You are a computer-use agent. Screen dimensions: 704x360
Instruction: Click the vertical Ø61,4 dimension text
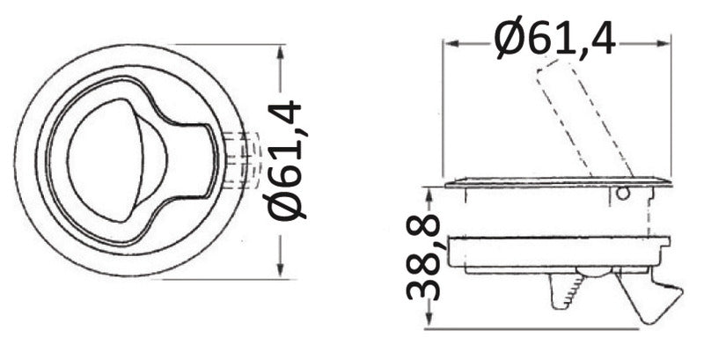click(284, 160)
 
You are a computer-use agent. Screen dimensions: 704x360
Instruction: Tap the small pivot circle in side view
click(622, 194)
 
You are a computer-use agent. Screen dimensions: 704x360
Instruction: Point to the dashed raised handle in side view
click(584, 119)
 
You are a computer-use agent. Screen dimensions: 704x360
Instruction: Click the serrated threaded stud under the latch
click(567, 290)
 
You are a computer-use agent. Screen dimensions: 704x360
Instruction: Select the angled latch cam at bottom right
click(649, 297)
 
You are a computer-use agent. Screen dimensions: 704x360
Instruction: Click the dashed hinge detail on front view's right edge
click(244, 160)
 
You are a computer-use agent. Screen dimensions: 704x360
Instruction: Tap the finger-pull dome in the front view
click(118, 160)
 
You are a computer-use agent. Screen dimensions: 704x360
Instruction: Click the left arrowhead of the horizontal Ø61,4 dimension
click(451, 43)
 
